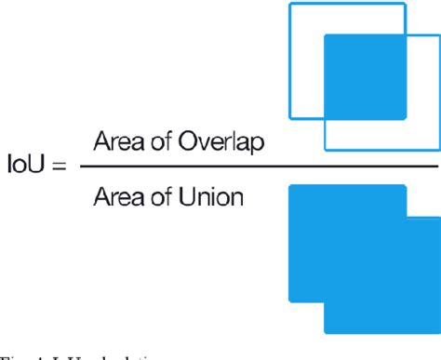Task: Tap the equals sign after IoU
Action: (x=60, y=169)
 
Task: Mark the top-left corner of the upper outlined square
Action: (x=290, y=5)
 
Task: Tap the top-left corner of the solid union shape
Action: (x=291, y=186)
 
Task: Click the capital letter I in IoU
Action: (x=11, y=168)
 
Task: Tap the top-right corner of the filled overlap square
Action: (x=405, y=36)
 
